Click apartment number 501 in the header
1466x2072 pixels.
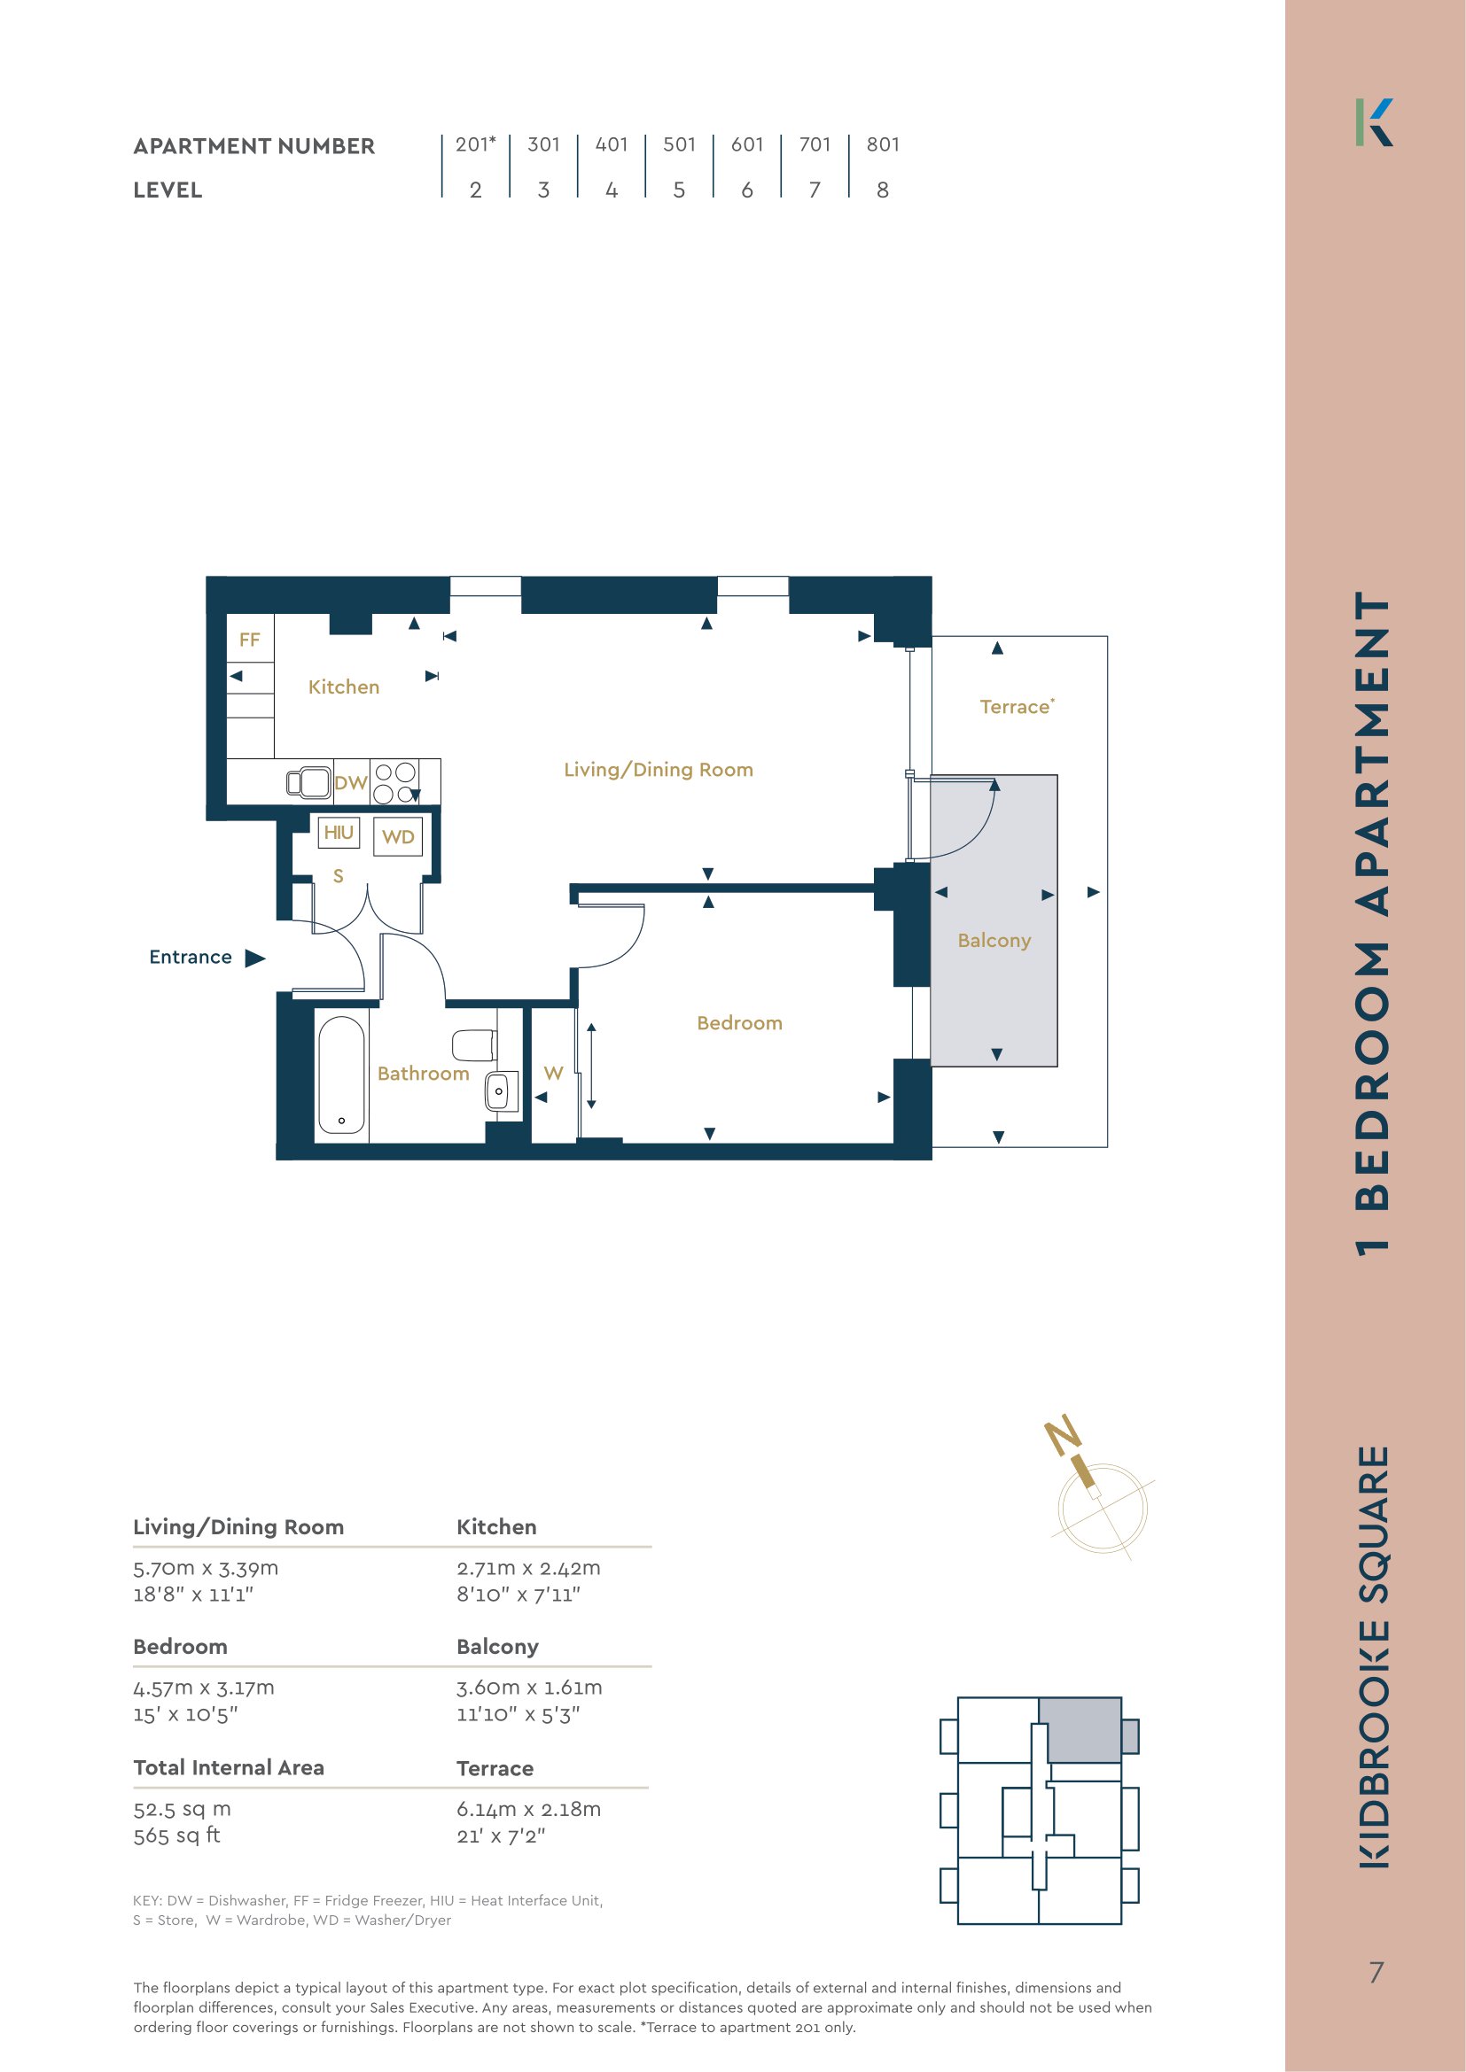coord(679,144)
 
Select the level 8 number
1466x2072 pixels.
coord(882,190)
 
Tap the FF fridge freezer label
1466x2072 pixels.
coord(249,640)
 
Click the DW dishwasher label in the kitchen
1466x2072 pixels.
coord(350,782)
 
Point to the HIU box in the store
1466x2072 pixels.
coord(339,832)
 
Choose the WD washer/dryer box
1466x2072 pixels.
coord(398,836)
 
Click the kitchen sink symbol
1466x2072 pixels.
coord(308,781)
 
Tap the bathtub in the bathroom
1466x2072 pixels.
coord(341,1075)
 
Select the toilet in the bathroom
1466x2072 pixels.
coord(474,1046)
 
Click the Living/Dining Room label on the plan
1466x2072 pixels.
coord(658,770)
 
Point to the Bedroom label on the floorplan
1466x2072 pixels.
coord(739,1022)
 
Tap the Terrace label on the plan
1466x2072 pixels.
coord(1018,707)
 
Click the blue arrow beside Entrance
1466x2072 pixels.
coord(255,958)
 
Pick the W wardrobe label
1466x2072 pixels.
coord(553,1073)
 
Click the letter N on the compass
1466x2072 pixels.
coord(1064,1435)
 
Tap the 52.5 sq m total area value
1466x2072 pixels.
coord(183,1810)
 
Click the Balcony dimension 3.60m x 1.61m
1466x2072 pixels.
coord(529,1688)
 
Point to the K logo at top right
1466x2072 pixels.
coord(1374,123)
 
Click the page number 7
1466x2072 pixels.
coord(1376,1973)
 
